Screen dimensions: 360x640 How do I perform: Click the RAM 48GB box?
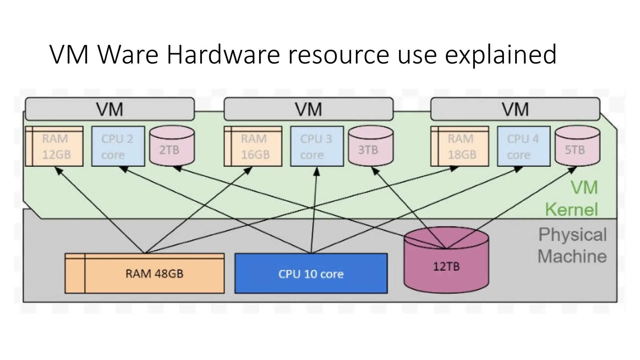pos(144,273)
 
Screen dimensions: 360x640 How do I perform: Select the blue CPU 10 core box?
pos(311,273)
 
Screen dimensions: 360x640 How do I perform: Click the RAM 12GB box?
pos(54,146)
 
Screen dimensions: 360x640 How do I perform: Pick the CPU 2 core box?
pos(118,146)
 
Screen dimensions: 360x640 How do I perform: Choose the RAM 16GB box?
pos(253,146)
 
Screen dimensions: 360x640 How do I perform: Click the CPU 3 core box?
pos(317,146)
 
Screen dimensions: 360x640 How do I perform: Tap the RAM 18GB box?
pos(460,146)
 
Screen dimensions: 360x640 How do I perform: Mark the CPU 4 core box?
pos(523,146)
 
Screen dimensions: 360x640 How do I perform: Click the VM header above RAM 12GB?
pos(110,109)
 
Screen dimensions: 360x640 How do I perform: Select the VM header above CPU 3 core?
pos(308,109)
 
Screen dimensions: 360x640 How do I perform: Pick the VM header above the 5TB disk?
pos(515,109)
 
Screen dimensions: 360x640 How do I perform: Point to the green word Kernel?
pos(571,209)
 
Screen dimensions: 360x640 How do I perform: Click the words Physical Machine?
pos(572,245)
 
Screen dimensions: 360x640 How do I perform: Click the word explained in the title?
pos(500,55)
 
